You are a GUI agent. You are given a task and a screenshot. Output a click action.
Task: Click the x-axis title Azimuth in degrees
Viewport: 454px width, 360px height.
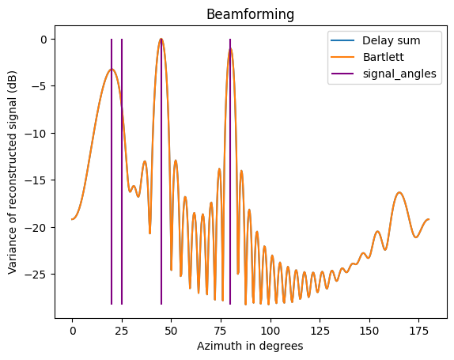[250, 346]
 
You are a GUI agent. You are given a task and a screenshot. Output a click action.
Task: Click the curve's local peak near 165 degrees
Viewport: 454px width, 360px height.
[399, 192]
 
